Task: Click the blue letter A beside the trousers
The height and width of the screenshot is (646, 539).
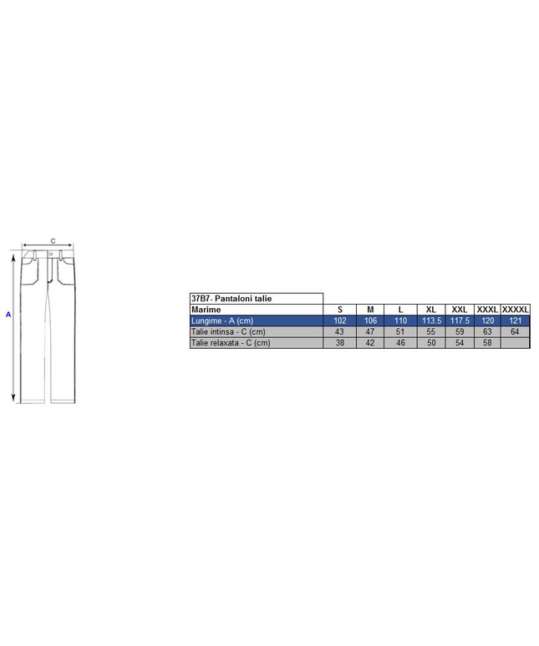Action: coord(8,315)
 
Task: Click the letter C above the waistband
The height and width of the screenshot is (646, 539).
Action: coord(53,241)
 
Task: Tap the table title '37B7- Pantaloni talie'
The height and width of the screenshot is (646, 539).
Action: coord(231,299)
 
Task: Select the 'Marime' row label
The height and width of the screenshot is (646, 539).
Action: coord(206,310)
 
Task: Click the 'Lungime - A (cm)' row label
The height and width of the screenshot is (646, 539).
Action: coord(222,320)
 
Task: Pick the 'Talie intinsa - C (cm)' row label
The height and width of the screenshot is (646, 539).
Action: coord(228,331)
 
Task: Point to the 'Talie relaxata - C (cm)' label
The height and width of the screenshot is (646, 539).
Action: coord(231,343)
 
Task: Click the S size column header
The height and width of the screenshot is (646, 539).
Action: coord(340,310)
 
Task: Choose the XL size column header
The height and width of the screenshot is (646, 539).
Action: coord(431,310)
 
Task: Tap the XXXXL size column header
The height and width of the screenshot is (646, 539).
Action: coord(516,310)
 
